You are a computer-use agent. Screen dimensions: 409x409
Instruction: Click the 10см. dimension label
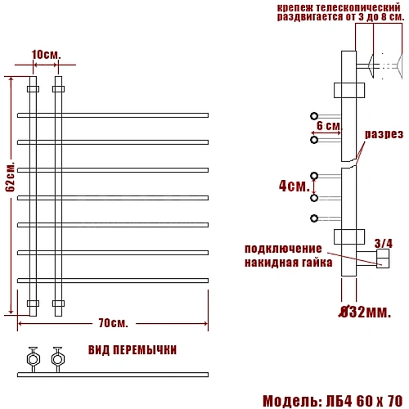46,55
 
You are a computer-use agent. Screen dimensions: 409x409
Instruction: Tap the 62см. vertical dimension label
11,178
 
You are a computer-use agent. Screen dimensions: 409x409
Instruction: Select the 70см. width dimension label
113,323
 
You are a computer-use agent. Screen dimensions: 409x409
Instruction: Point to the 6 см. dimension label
329,126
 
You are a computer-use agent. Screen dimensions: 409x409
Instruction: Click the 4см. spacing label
294,186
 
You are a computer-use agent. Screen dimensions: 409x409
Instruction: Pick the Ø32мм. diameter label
365,312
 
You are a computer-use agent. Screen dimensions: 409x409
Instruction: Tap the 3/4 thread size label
384,244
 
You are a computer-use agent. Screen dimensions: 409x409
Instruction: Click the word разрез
384,134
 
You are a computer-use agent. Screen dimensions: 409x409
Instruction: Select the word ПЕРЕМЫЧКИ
145,350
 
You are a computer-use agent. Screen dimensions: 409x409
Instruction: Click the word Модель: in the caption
293,401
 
